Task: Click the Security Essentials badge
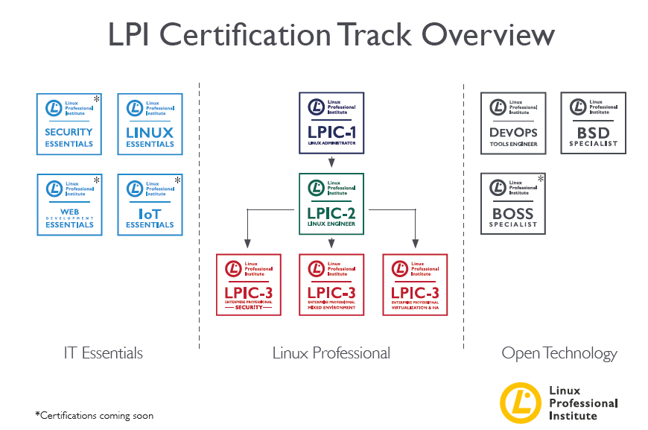(x=69, y=124)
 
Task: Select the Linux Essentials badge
(x=150, y=124)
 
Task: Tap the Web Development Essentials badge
(x=69, y=205)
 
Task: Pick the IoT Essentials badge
(x=150, y=205)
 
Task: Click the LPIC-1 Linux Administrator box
(x=331, y=123)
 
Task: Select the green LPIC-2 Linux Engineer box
(x=331, y=203)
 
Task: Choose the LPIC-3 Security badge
(x=248, y=285)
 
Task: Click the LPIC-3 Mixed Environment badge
(x=331, y=285)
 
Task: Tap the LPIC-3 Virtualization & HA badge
(x=415, y=285)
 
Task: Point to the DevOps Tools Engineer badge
(x=513, y=123)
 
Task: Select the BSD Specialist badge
(x=594, y=123)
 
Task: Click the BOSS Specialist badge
(x=513, y=203)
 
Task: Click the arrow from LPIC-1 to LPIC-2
(x=331, y=162)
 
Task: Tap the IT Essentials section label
(x=104, y=353)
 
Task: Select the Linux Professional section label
(x=331, y=353)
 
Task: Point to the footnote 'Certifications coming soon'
(x=94, y=415)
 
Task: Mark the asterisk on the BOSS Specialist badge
(x=541, y=179)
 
